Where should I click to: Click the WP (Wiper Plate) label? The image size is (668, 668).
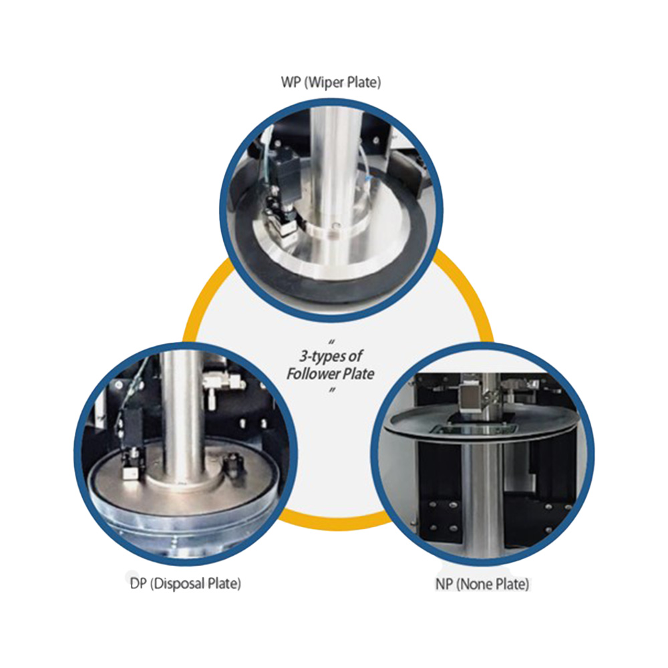(331, 81)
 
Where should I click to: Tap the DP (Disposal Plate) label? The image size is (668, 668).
(185, 583)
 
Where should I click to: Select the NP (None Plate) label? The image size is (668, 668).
(482, 584)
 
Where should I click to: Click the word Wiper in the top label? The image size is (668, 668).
(324, 81)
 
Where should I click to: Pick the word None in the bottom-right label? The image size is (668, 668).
(478, 584)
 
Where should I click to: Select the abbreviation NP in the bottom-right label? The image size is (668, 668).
(444, 584)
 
